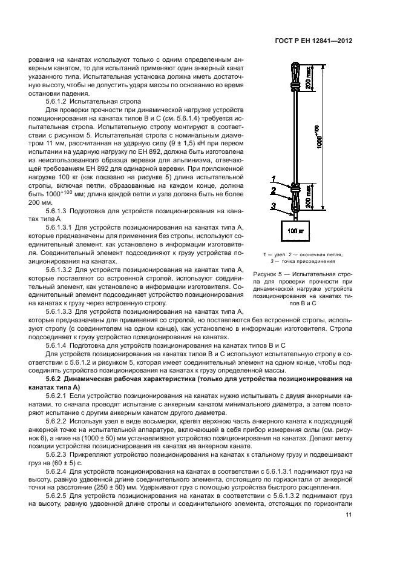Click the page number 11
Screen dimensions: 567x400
point(349,516)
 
